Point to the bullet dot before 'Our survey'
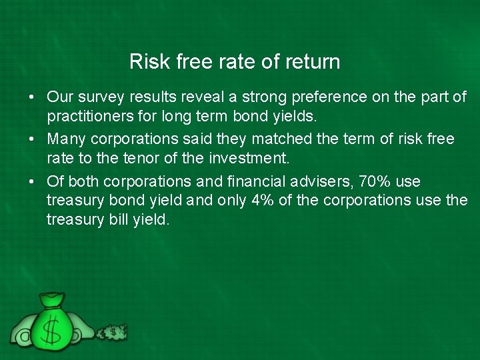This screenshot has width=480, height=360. (x=32, y=98)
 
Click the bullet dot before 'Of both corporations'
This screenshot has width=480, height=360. (x=32, y=182)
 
